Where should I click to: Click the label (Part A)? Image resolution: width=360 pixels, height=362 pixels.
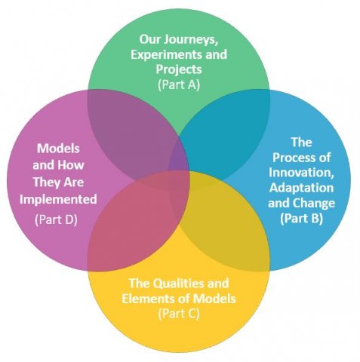(179, 84)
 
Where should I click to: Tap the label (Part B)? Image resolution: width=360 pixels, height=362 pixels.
(301, 218)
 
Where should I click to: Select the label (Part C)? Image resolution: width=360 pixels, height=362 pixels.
(179, 314)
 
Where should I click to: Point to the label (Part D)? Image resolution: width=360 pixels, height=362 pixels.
(56, 219)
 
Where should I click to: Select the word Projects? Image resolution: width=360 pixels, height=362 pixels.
(179, 69)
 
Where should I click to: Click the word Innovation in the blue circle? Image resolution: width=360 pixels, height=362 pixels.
(301, 173)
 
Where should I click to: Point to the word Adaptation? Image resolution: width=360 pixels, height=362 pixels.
(301, 188)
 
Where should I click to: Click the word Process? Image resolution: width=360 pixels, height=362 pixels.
(294, 158)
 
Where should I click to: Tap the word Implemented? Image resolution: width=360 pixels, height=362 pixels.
(58, 199)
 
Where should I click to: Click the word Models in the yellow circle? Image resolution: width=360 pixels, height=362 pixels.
(214, 299)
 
